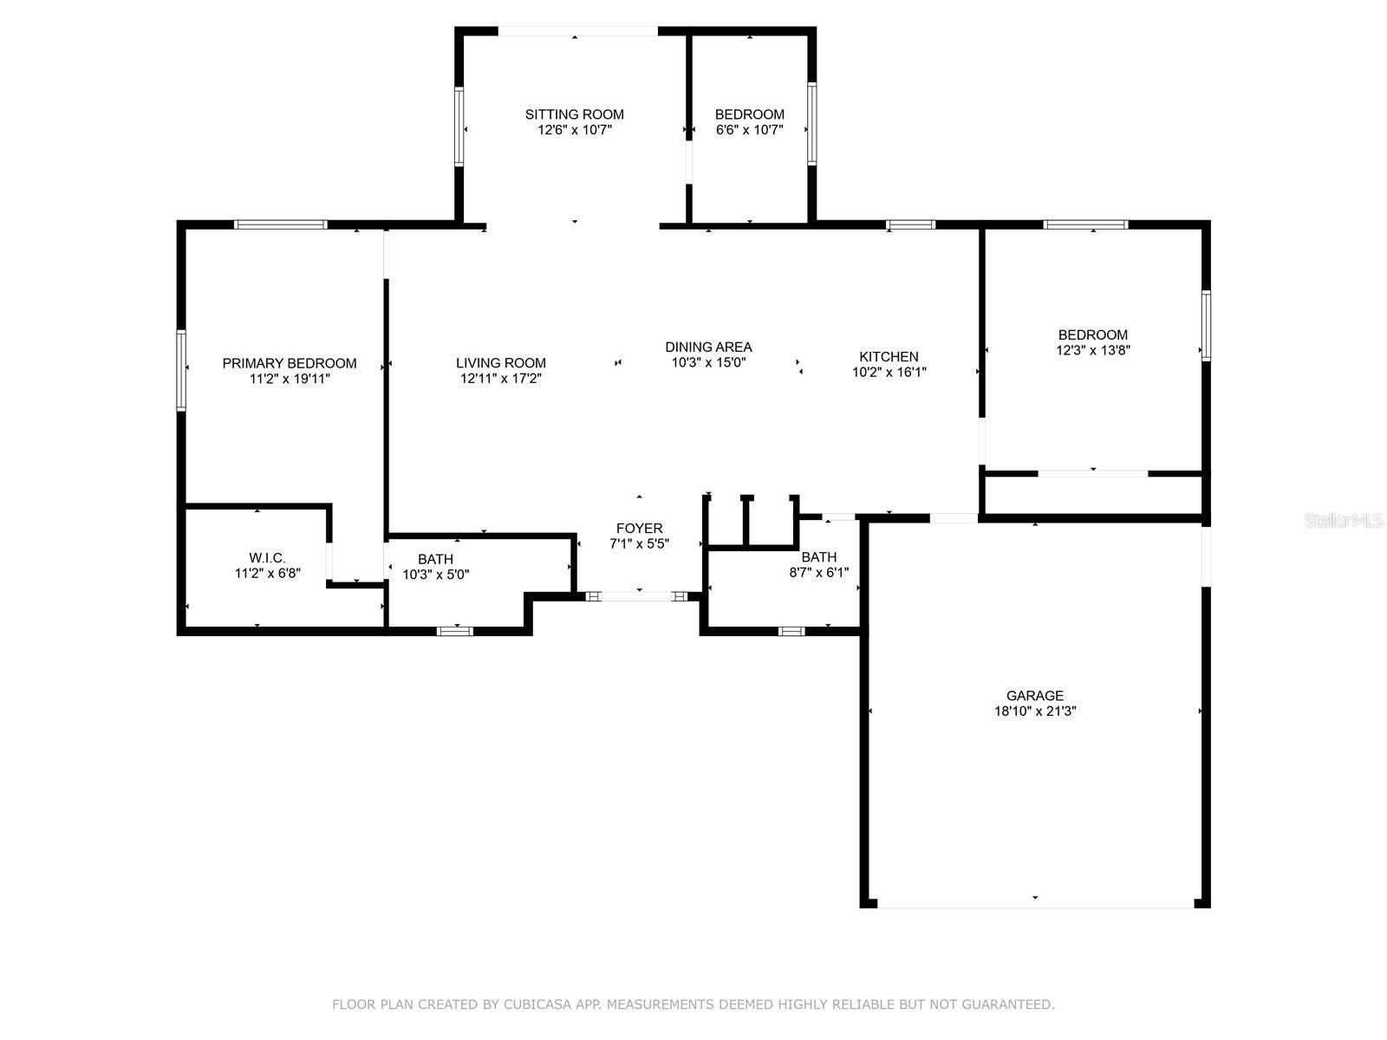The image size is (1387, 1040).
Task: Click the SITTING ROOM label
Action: pos(574,114)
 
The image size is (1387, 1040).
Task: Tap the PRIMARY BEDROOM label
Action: pos(290,363)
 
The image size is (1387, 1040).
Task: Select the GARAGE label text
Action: pos(1034,695)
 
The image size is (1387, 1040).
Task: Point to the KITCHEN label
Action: pos(889,356)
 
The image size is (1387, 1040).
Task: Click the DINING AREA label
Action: pos(708,347)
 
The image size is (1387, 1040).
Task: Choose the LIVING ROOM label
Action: pos(500,363)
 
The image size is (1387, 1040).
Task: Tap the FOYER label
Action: pos(640,528)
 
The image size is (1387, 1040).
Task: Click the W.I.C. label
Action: pos(267,557)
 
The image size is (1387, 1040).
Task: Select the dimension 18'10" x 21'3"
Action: pos(1035,711)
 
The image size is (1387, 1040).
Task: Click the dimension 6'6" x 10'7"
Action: pos(750,130)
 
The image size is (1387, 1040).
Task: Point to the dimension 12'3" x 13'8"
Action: pos(1092,350)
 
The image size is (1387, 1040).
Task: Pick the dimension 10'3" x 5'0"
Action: pos(435,575)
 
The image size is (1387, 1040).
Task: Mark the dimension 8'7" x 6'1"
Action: pos(819,573)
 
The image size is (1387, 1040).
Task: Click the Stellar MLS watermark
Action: pos(1344,520)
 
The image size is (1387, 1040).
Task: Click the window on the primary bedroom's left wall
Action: pos(181,370)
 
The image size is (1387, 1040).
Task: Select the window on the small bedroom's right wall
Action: pos(812,124)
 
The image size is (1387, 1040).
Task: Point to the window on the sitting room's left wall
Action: pos(459,127)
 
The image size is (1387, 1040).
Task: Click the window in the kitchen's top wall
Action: pos(910,224)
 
